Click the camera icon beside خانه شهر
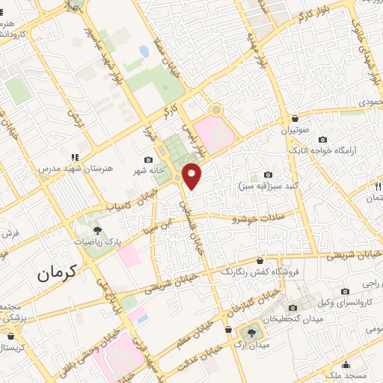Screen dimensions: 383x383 [148, 160]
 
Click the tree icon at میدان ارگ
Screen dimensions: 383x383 [249, 331]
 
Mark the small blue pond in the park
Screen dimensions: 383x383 [143, 51]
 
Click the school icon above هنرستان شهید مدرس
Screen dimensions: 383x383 [74, 157]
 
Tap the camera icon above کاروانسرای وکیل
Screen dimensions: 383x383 [344, 291]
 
